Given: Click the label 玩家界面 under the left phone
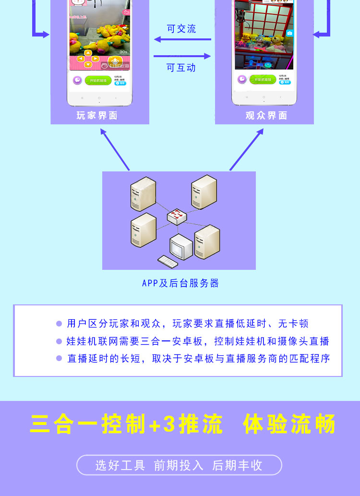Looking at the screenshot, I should (97, 116).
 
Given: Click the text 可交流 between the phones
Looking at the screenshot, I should (181, 29).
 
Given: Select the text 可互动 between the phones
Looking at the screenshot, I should (181, 68).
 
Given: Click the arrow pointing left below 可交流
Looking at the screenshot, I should (182, 40).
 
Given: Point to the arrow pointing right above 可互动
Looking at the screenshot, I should (182, 56).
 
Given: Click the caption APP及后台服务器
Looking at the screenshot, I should (180, 283).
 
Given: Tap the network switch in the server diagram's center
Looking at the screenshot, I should (177, 217).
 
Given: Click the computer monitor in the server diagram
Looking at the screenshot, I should (180, 247).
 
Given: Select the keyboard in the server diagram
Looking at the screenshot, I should (168, 262).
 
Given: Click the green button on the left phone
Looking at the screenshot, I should (98, 81).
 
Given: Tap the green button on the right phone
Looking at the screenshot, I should (263, 80).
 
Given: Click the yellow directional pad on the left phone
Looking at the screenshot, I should (88, 59).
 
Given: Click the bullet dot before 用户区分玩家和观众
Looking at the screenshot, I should (59, 324).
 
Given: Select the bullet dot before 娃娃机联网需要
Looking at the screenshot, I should (59, 341).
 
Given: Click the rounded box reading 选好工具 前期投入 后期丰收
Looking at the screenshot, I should (179, 465).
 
